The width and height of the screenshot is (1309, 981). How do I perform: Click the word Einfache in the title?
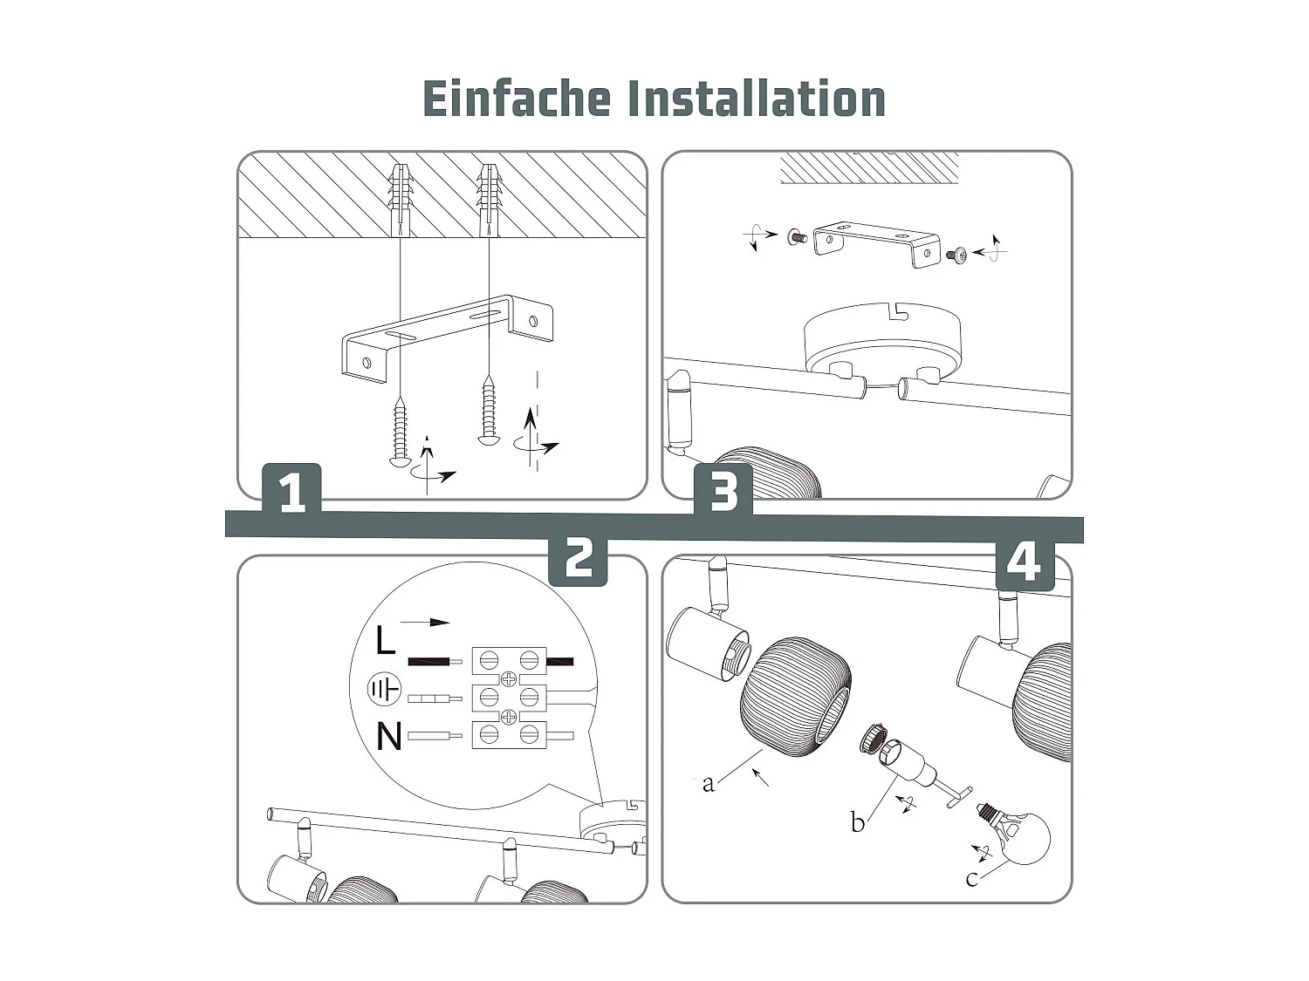click(516, 99)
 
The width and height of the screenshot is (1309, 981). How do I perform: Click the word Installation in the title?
click(756, 99)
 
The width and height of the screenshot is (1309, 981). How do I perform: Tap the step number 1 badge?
click(291, 492)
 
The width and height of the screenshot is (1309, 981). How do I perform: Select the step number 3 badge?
click(723, 492)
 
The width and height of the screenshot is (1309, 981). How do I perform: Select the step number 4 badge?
click(1025, 562)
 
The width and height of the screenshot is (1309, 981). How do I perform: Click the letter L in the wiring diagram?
click(385, 641)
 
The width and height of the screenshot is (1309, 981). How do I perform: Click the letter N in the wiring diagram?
click(388, 737)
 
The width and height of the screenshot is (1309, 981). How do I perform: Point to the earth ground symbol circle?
click(384, 691)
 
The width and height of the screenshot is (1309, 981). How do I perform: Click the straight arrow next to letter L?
click(426, 623)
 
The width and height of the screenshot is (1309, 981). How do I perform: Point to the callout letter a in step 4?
click(708, 783)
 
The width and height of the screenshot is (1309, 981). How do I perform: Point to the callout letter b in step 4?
click(857, 822)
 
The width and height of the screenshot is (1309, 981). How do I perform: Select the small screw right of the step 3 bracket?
click(956, 255)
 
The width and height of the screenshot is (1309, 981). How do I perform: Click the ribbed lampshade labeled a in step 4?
click(794, 698)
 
